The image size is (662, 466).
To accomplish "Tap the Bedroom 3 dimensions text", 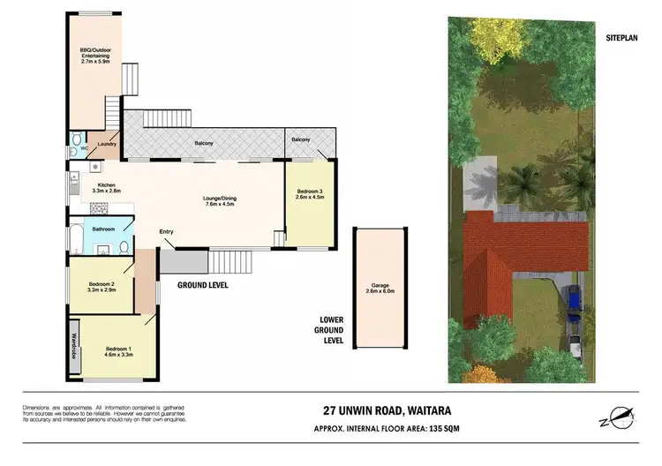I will [311, 198].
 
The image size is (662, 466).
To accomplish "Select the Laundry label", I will [108, 143].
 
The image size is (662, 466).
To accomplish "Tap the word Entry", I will [166, 232].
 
